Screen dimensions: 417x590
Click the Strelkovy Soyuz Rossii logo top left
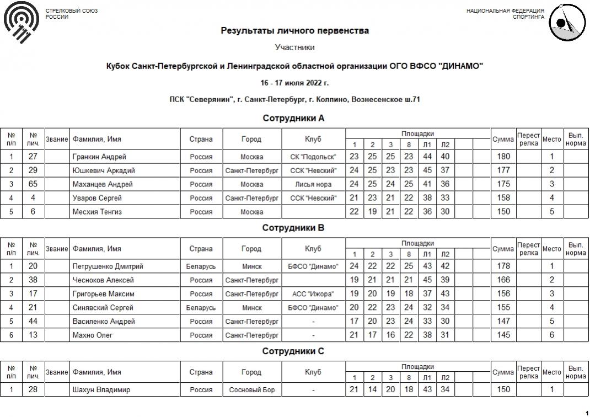click(x=21, y=23)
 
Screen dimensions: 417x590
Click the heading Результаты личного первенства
click(x=295, y=31)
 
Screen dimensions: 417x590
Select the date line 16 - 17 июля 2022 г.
click(x=295, y=83)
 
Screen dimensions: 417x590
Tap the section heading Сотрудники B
click(x=293, y=228)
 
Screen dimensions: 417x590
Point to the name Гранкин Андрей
click(x=99, y=157)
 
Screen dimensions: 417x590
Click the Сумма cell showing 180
click(x=503, y=157)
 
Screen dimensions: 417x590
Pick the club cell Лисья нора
click(x=313, y=184)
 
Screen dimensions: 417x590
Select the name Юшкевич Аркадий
click(x=104, y=170)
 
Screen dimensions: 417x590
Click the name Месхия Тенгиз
click(x=97, y=212)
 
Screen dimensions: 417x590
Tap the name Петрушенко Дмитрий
click(x=108, y=266)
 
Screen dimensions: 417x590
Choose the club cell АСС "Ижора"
click(x=313, y=294)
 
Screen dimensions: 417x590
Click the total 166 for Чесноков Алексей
click(x=503, y=280)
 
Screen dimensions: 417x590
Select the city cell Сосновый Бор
click(x=251, y=390)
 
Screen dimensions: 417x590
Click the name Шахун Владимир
click(x=101, y=390)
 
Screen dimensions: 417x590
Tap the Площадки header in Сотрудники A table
click(x=417, y=134)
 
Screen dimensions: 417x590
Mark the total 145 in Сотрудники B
click(x=503, y=335)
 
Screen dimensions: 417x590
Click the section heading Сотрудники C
click(x=293, y=351)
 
